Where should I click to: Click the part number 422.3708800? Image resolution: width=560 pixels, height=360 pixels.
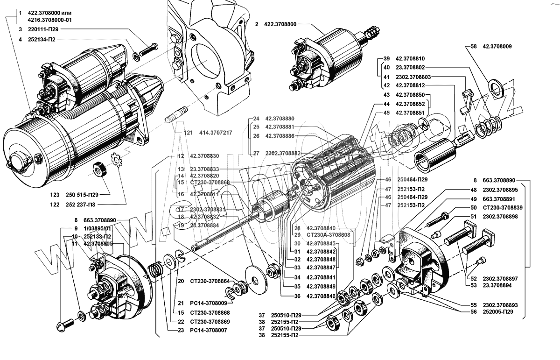[x=280, y=23]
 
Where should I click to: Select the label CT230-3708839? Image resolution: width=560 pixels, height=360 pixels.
[x=502, y=207]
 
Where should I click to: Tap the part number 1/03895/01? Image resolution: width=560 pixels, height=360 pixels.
[x=98, y=228]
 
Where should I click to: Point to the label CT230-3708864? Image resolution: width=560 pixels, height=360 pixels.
[x=210, y=281]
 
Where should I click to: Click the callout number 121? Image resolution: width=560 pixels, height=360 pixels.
[x=188, y=133]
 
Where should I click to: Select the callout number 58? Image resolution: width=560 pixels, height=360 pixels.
[x=474, y=47]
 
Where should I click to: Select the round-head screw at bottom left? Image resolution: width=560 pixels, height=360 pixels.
[x=65, y=323]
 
